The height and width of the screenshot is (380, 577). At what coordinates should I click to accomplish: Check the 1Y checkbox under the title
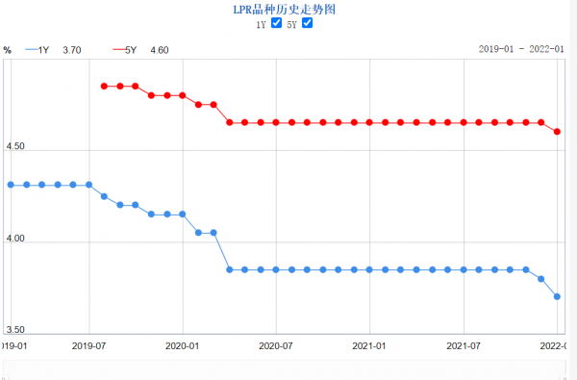pyautogui.click(x=277, y=23)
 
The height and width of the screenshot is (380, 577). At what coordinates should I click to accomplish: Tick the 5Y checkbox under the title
pyautogui.click(x=307, y=23)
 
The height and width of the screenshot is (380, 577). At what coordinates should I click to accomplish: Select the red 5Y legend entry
pyautogui.click(x=127, y=49)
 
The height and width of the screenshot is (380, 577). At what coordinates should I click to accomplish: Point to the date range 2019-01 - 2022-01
pyautogui.click(x=520, y=49)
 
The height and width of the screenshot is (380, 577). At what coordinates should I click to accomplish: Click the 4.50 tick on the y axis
pyautogui.click(x=15, y=147)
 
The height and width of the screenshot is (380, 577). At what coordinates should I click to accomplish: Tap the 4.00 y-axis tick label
pyautogui.click(x=15, y=241)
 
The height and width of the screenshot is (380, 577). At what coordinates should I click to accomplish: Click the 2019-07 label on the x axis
pyautogui.click(x=88, y=343)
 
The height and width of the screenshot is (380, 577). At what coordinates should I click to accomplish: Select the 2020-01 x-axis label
pyautogui.click(x=182, y=343)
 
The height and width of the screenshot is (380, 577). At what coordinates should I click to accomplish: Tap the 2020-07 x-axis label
pyautogui.click(x=276, y=343)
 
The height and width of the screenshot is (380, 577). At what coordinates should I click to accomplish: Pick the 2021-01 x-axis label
pyautogui.click(x=370, y=343)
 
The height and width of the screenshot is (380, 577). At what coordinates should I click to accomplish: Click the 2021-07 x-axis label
pyautogui.click(x=464, y=343)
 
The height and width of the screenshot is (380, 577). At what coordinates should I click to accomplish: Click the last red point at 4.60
pyautogui.click(x=558, y=132)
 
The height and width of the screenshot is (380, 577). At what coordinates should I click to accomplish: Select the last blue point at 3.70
pyautogui.click(x=558, y=296)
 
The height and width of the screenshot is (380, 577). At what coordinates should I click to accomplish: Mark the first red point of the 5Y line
pyautogui.click(x=104, y=86)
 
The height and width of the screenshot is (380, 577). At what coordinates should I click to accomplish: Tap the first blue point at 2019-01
pyautogui.click(x=11, y=184)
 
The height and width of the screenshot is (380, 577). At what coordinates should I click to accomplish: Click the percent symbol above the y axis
pyautogui.click(x=8, y=49)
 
